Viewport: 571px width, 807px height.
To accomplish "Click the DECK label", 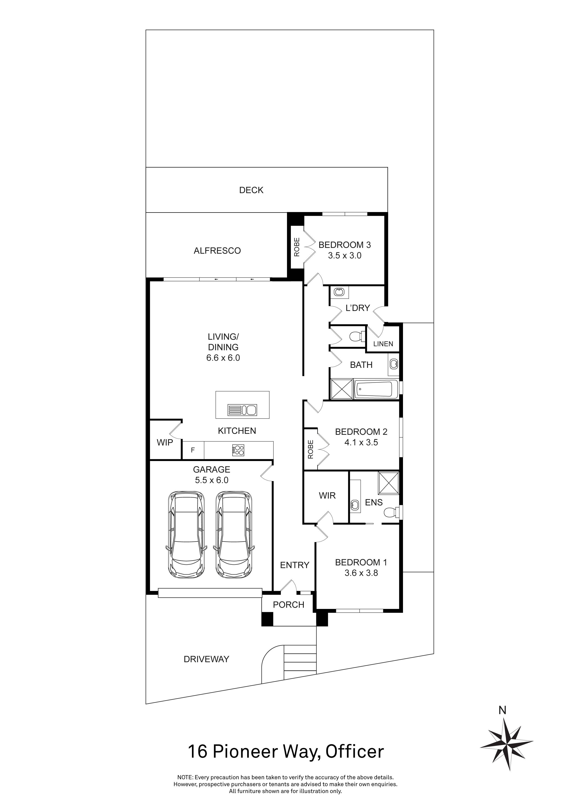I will point(251,190).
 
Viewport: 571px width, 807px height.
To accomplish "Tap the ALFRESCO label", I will point(217,251).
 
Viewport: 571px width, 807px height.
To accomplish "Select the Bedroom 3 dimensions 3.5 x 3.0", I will point(345,256).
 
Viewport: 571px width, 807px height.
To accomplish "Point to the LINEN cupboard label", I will point(383,344).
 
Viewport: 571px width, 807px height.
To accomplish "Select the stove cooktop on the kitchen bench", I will point(238,450).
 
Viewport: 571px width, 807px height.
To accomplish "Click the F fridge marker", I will point(193,450).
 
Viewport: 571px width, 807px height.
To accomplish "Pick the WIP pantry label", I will point(165,443).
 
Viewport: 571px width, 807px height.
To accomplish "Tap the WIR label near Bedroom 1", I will point(327,496).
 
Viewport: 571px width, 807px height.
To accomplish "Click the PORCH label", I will point(288,605).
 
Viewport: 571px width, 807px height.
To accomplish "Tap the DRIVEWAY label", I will point(206,659).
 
